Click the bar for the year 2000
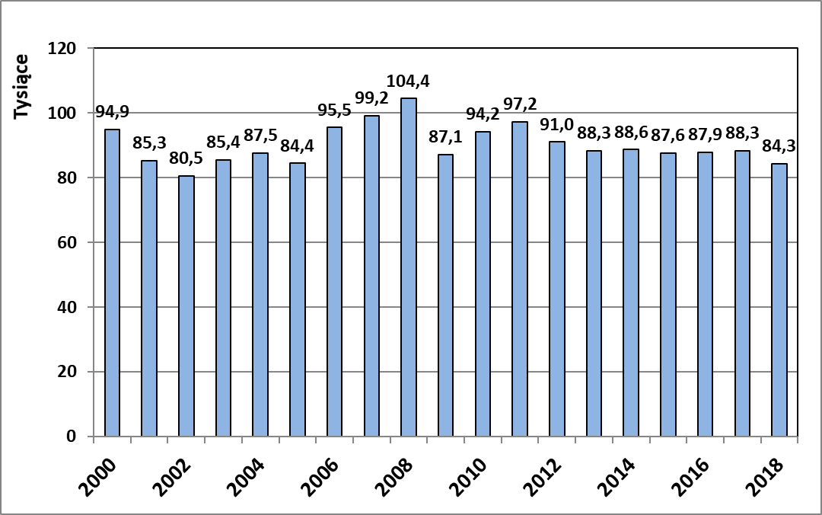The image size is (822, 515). click(x=112, y=283)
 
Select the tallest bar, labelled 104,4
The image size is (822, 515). click(x=409, y=267)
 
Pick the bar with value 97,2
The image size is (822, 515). click(x=520, y=279)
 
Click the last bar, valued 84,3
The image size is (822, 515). click(x=779, y=300)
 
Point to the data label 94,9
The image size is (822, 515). click(x=112, y=112)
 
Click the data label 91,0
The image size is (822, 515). click(x=557, y=124)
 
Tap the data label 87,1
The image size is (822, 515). click(x=446, y=137)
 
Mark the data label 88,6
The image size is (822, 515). click(x=631, y=133)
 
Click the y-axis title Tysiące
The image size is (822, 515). click(x=23, y=86)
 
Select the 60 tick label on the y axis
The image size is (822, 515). click(x=70, y=243)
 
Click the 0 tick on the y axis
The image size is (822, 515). click(x=74, y=437)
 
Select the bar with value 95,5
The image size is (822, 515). click(x=334, y=282)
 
